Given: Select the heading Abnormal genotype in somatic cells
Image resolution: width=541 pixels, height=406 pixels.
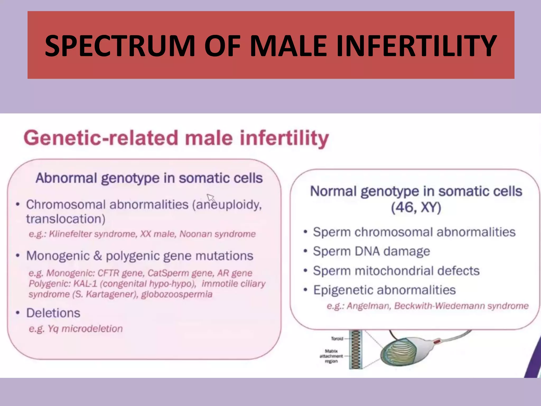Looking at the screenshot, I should click(x=149, y=178).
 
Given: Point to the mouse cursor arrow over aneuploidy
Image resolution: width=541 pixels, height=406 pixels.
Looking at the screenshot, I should click(x=211, y=197).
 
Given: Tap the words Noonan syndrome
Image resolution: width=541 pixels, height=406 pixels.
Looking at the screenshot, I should click(x=217, y=234).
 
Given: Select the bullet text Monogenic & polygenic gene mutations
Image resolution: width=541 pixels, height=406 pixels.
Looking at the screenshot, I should click(x=140, y=256).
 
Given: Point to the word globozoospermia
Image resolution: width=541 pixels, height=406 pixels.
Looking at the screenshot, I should click(x=177, y=294).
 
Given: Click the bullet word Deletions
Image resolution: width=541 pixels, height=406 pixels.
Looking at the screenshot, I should click(x=53, y=313).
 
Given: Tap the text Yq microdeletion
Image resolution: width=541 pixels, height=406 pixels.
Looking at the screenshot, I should click(x=85, y=329).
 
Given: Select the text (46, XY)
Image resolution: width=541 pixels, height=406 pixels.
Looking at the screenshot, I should click(x=416, y=207).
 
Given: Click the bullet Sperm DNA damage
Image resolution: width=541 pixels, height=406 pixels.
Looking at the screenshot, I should click(x=371, y=251).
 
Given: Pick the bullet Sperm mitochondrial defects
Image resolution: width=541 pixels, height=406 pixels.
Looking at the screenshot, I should click(x=396, y=271).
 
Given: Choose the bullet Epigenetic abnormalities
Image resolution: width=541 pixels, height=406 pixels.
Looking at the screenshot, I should click(x=384, y=290).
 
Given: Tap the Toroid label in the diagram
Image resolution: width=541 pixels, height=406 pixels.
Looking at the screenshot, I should click(x=337, y=339).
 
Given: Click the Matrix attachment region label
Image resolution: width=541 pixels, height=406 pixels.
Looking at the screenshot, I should click(x=331, y=356).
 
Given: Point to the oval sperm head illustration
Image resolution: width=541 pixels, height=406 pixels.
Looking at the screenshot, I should click(x=399, y=354).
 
